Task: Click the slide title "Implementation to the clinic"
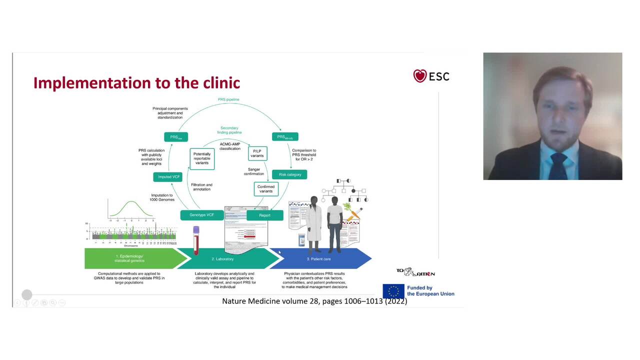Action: [136, 82]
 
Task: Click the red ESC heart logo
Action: [420, 76]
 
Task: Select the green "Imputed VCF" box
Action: [168, 177]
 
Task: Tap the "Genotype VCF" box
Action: [201, 215]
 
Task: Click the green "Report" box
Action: [264, 215]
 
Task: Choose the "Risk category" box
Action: [289, 174]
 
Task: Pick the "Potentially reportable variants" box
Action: [202, 158]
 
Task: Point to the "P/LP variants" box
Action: [257, 153]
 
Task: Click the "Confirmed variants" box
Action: [266, 189]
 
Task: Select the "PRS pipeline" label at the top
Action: [228, 99]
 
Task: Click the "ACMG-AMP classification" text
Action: [230, 146]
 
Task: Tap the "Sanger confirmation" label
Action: [254, 171]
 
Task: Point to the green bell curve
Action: [131, 208]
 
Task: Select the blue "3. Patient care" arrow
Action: [320, 258]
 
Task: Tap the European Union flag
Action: [393, 291]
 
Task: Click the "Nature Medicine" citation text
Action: [314, 301]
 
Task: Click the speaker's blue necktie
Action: [558, 163]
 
